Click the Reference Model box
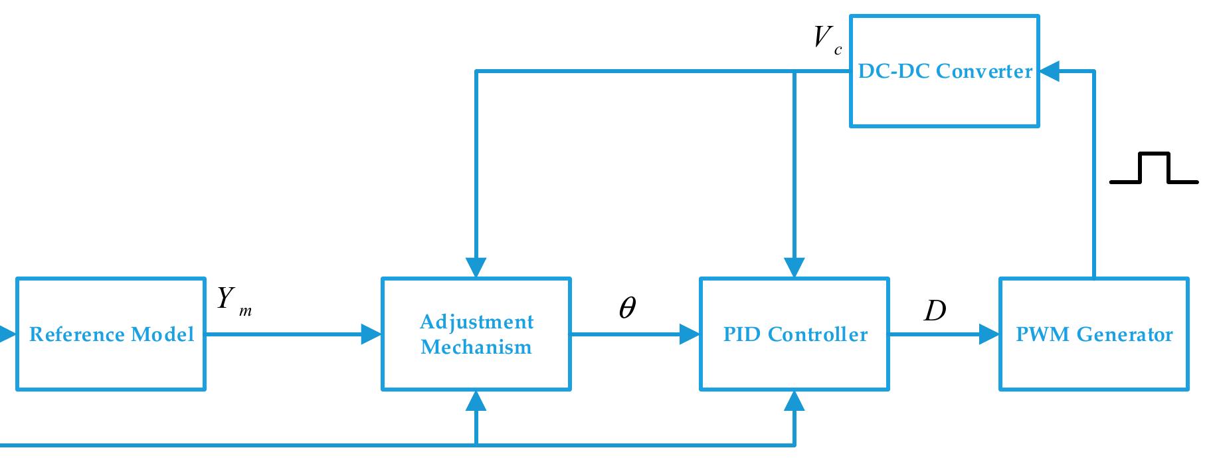pyautogui.click(x=110, y=334)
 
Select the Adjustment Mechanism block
pyautogui.click(x=476, y=334)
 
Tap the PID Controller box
pyautogui.click(x=794, y=334)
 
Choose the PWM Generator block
pyautogui.click(x=1094, y=334)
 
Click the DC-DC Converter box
pyautogui.click(x=944, y=71)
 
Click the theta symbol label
pyautogui.click(x=626, y=308)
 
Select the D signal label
pyautogui.click(x=935, y=310)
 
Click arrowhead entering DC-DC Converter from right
pyautogui.click(x=1050, y=71)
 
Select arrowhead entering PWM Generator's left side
pyautogui.click(x=990, y=334)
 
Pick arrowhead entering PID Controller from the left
pyautogui.click(x=690, y=334)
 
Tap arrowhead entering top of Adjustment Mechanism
pyautogui.click(x=476, y=267)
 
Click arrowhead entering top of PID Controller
pyautogui.click(x=794, y=267)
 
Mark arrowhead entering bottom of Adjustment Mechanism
pyautogui.click(x=476, y=401)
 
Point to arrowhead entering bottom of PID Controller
pyautogui.click(x=794, y=401)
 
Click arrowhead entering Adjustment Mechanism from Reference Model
pyautogui.click(x=371, y=334)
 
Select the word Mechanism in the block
pyautogui.click(x=476, y=347)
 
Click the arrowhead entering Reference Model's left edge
pyautogui.click(x=7, y=334)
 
